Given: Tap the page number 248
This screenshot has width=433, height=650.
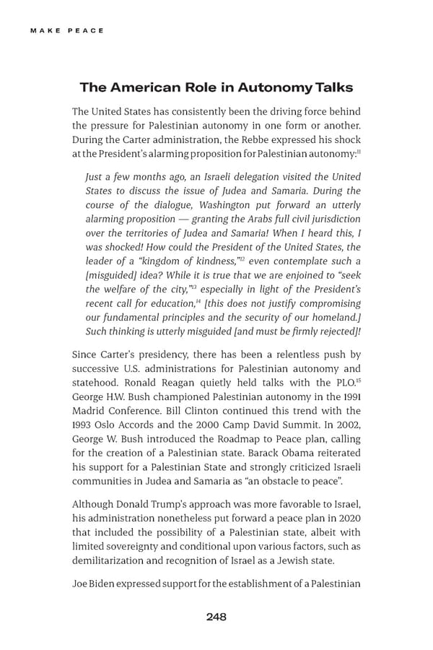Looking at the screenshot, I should tap(216, 616).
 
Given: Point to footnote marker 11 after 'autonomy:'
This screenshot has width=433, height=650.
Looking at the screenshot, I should tap(358, 151).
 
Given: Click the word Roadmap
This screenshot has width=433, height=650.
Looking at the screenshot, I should tap(214, 438).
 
